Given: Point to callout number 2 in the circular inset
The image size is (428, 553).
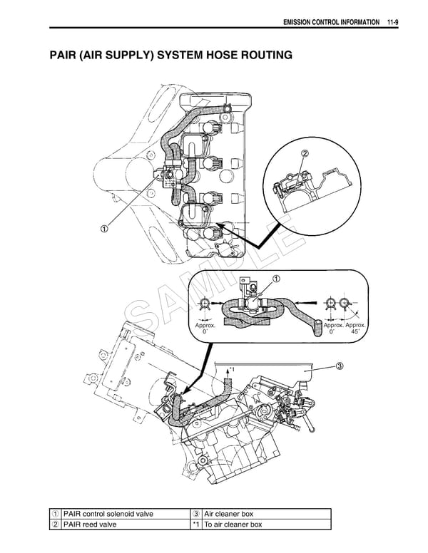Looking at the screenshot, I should pos(305,154).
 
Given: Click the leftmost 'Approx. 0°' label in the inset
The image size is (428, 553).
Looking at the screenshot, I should pos(205,329).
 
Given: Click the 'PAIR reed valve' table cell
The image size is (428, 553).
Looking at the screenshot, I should pos(90,524).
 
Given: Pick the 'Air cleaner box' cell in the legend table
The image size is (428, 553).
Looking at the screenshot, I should pos(229,514).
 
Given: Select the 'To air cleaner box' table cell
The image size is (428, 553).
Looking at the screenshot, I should pos(233,524).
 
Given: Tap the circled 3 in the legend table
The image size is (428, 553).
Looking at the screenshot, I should pos(196,514).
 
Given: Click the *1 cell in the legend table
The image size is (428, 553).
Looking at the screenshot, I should pos(196,524).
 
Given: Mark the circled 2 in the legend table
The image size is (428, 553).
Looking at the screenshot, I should pos(55,524).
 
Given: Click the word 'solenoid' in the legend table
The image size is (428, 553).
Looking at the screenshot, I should pos(123,514).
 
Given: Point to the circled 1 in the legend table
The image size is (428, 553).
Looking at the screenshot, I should pos(55,514).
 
